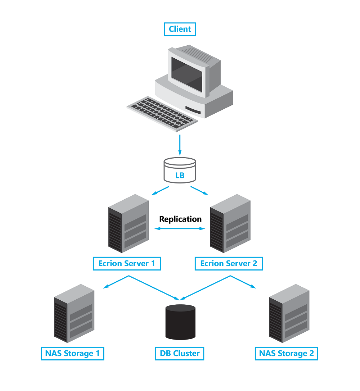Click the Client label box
click(x=180, y=29)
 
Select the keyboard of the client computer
click(x=162, y=114)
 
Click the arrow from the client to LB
click(x=180, y=145)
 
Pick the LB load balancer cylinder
click(x=180, y=170)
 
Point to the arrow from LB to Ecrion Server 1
click(x=160, y=191)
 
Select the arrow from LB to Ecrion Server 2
click(x=199, y=191)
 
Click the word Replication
click(x=180, y=219)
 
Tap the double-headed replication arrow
click(x=180, y=228)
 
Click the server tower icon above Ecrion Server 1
click(x=129, y=223)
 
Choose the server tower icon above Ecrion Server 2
click(x=230, y=223)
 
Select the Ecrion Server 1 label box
click(x=127, y=264)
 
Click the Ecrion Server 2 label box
click(x=229, y=264)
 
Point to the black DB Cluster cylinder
click(x=180, y=322)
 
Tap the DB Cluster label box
click(x=179, y=353)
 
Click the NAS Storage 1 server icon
click(x=74, y=313)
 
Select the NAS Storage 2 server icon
click(x=289, y=313)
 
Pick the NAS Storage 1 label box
click(x=72, y=353)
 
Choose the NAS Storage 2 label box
click(x=287, y=353)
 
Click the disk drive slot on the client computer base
click(x=193, y=110)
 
